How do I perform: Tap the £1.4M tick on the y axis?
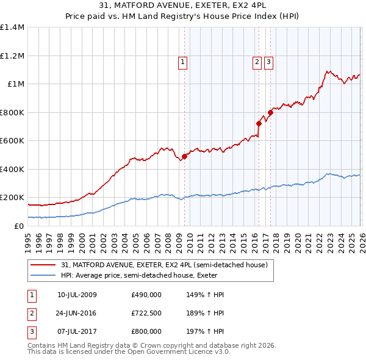coord(12,27)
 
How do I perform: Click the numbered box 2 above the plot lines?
coord(257,61)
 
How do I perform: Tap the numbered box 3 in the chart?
coord(269,61)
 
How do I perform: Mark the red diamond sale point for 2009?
coord(184,156)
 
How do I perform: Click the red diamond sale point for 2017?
coord(270,112)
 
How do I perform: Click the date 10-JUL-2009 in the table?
coord(77,295)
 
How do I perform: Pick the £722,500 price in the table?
coord(146,313)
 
